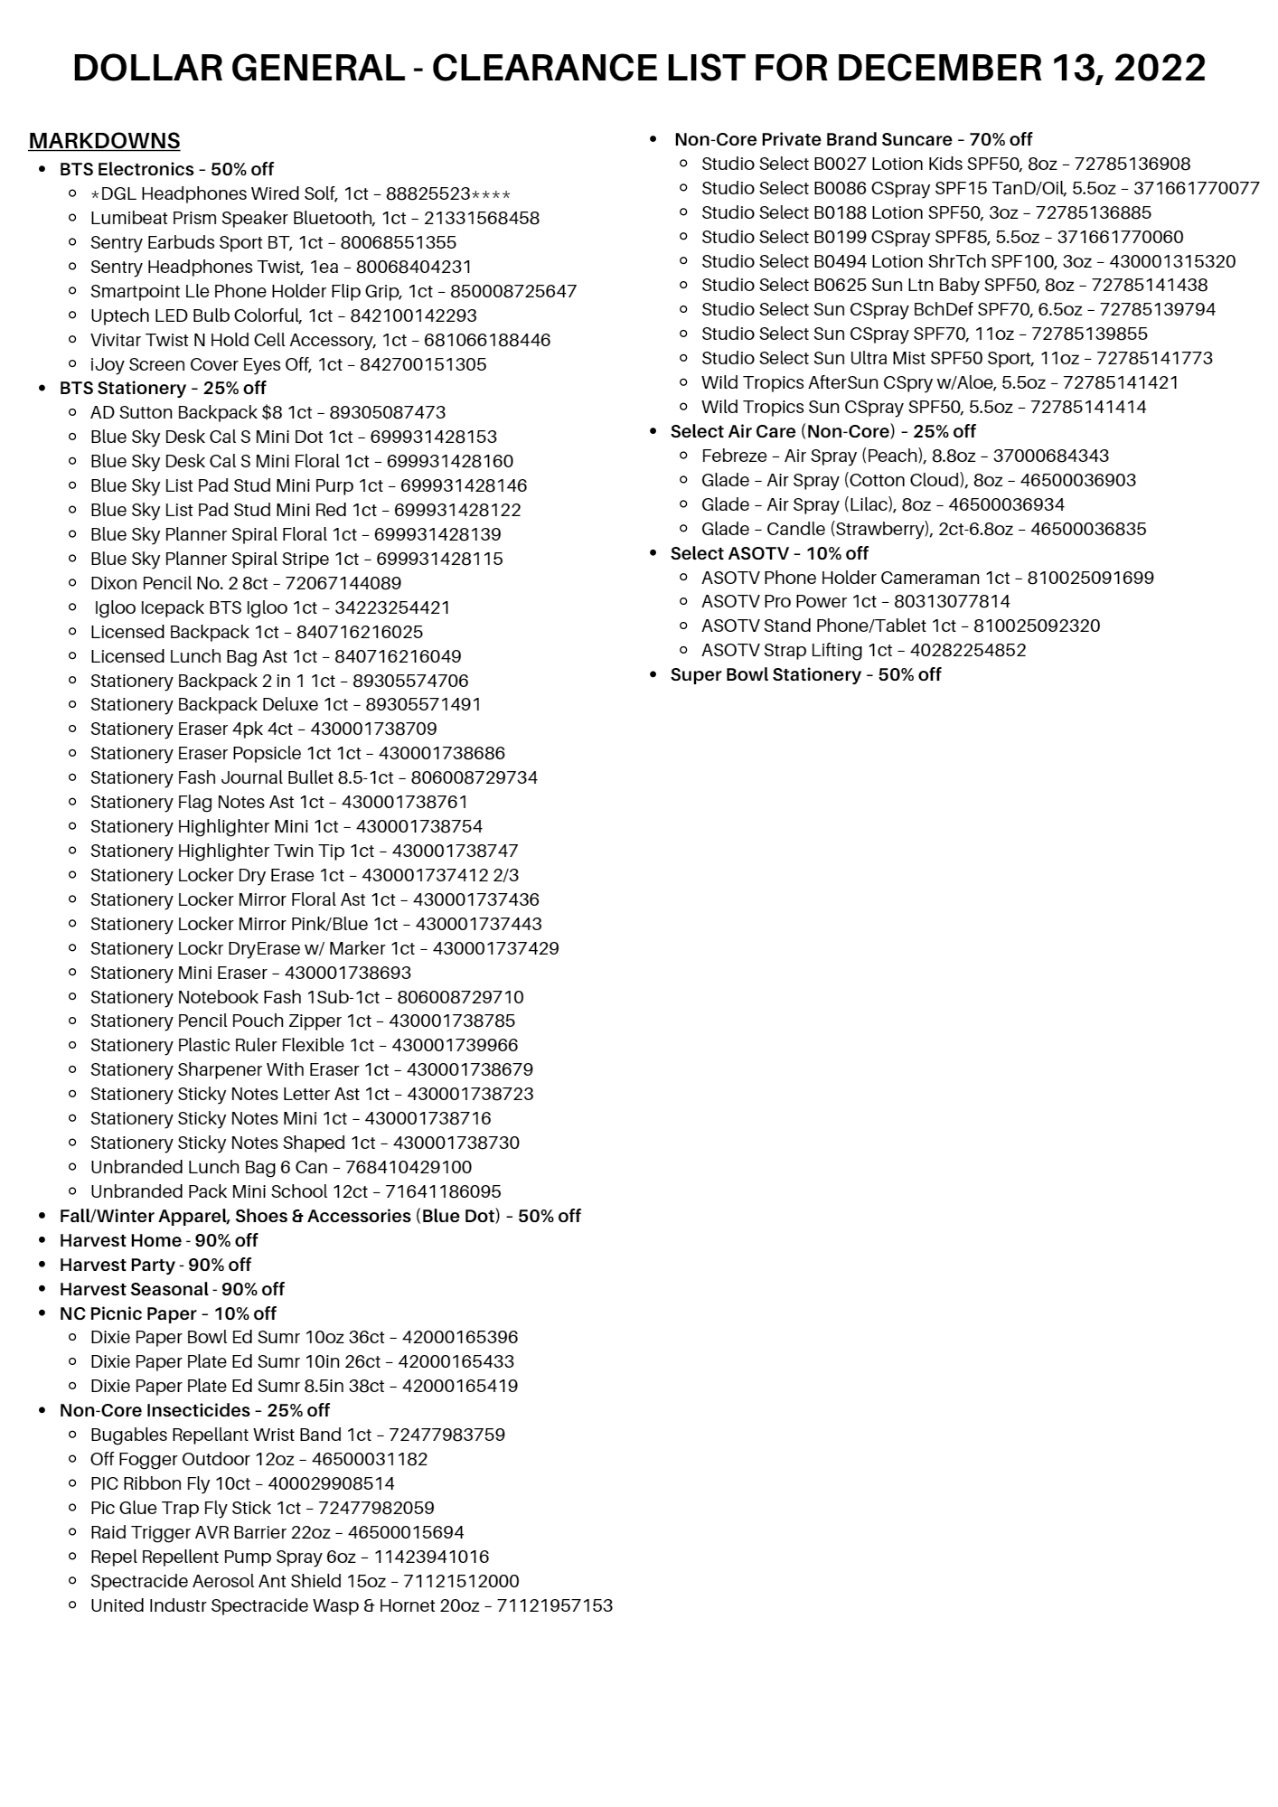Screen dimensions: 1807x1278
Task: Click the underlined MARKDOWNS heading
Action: pos(104,141)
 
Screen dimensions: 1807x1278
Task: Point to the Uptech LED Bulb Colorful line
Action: pos(283,315)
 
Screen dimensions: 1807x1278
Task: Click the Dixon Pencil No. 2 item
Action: pos(245,583)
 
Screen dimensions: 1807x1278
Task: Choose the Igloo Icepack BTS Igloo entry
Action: pos(271,607)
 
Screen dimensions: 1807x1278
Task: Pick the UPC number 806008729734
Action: pos(474,777)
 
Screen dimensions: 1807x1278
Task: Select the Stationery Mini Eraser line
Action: pos(250,973)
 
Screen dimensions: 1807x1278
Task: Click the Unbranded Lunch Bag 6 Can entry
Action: pos(280,1167)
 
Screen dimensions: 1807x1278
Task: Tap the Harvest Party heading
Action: pos(155,1265)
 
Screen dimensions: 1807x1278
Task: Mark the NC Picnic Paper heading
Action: pos(167,1313)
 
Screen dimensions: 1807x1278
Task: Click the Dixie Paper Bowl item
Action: pos(304,1337)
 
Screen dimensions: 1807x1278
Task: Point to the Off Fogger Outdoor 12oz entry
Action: pos(258,1459)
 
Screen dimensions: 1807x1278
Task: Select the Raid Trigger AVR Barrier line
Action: pos(277,1532)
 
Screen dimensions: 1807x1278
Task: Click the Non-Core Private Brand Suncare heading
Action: pos(852,139)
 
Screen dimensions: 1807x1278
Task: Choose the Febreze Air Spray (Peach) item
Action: pos(904,456)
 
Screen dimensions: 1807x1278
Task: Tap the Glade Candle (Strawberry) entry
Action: pos(923,529)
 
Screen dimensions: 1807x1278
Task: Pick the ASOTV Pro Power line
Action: pos(855,601)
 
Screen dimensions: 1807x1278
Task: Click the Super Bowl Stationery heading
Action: pos(805,674)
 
